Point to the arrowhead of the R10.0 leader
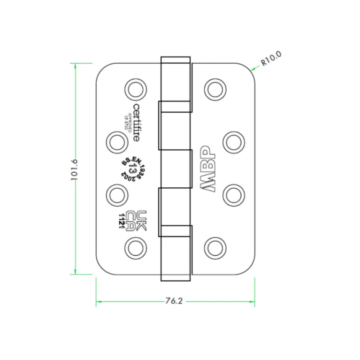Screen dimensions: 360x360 coord(253,69)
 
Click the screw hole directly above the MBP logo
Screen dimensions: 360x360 coord(233,140)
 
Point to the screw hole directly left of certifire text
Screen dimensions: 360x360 coord(115,140)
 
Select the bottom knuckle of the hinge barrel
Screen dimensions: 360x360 coord(176,253)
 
